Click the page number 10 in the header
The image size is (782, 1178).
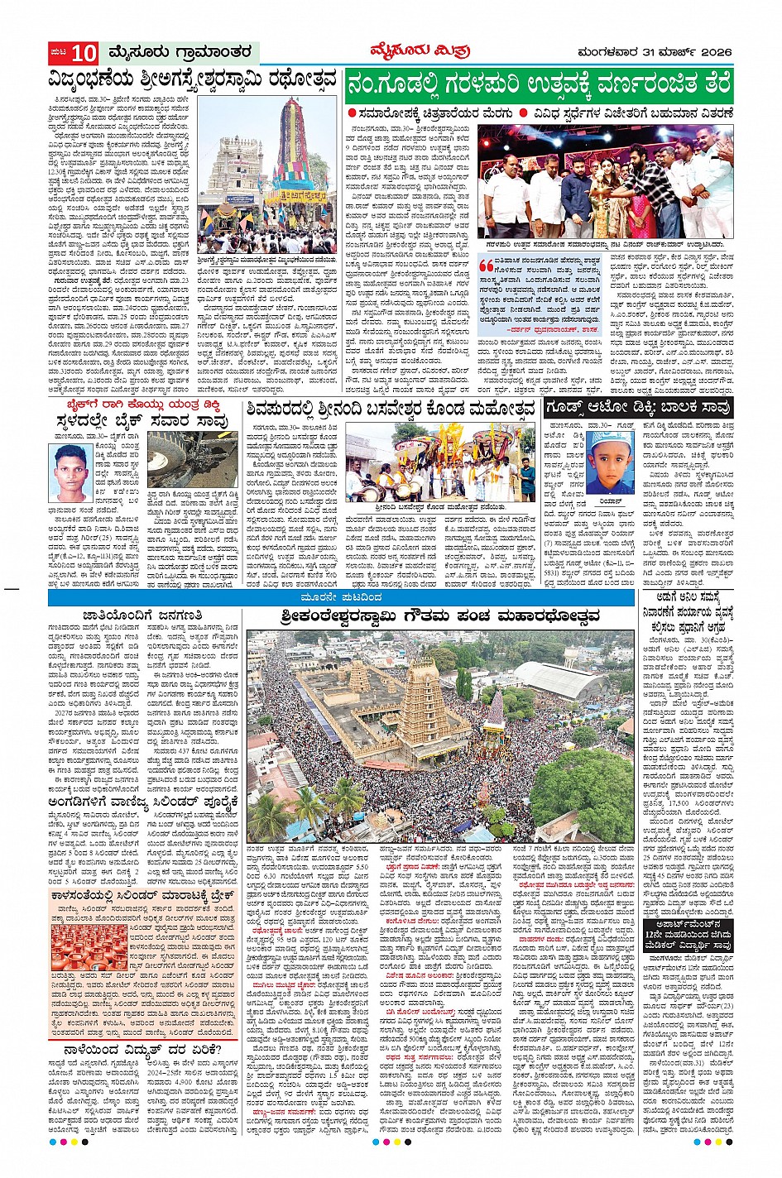(x=84, y=54)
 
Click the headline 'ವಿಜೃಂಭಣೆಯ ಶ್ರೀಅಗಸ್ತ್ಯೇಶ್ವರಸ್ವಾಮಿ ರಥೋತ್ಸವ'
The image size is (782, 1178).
(x=193, y=81)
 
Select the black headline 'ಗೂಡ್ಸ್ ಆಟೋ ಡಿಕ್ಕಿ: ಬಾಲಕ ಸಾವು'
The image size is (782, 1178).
(x=638, y=408)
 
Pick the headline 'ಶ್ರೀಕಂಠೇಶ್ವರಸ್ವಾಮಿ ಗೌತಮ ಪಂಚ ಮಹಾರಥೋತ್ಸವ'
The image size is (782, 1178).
(x=439, y=616)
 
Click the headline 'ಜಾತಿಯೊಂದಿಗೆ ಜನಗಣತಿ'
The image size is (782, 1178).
(x=142, y=615)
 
